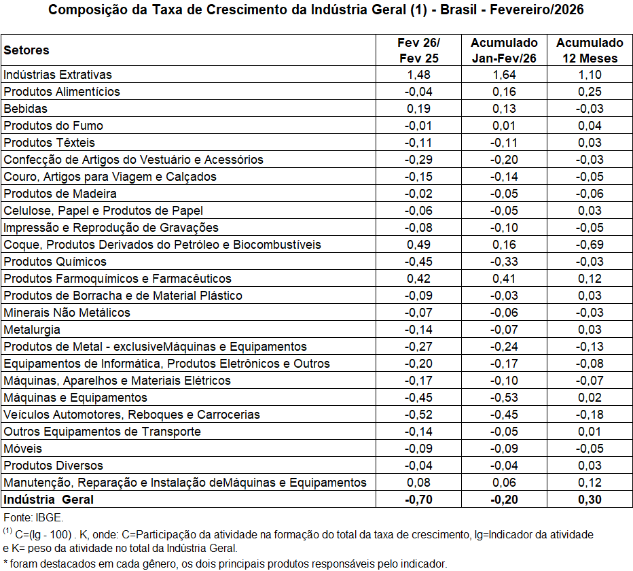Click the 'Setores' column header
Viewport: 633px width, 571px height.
point(26,50)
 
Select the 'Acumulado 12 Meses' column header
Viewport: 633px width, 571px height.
point(590,50)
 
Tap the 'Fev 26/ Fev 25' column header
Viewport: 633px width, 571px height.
point(418,50)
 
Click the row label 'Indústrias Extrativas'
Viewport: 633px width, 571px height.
point(58,75)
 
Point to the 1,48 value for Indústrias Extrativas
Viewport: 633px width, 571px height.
point(418,75)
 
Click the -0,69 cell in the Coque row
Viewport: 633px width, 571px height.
point(590,245)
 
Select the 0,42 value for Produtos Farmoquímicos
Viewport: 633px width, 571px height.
point(418,279)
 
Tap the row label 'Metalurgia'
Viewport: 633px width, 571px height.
point(32,330)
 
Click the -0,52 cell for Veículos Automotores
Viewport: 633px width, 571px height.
point(418,415)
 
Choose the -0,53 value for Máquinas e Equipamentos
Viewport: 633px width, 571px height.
point(504,398)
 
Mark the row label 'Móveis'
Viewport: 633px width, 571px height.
point(23,449)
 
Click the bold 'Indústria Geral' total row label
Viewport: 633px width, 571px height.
point(48,500)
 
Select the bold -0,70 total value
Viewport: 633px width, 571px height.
point(418,500)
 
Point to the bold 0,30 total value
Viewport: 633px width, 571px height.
point(590,500)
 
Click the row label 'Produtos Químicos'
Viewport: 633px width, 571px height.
point(55,262)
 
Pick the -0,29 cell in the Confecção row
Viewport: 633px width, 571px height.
point(418,160)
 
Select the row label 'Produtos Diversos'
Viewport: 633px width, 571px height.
point(54,466)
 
